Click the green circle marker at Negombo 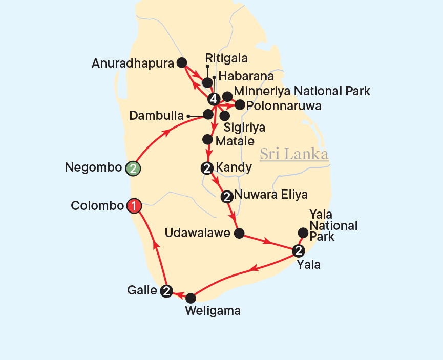click(x=133, y=168)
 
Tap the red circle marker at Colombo click(x=134, y=206)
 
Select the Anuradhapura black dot click(x=181, y=62)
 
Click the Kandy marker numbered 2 click(x=207, y=167)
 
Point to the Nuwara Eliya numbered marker click(x=226, y=196)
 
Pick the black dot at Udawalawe click(x=239, y=234)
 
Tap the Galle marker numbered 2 click(x=166, y=291)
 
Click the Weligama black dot click(x=191, y=298)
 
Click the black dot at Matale click(x=207, y=139)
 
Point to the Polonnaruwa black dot click(x=239, y=105)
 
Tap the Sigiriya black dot click(x=225, y=116)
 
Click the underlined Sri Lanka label click(x=294, y=154)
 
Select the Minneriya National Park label click(x=302, y=92)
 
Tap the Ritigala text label click(x=226, y=58)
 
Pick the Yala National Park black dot click(x=303, y=233)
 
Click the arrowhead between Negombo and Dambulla click(x=166, y=132)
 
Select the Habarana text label click(x=246, y=76)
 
